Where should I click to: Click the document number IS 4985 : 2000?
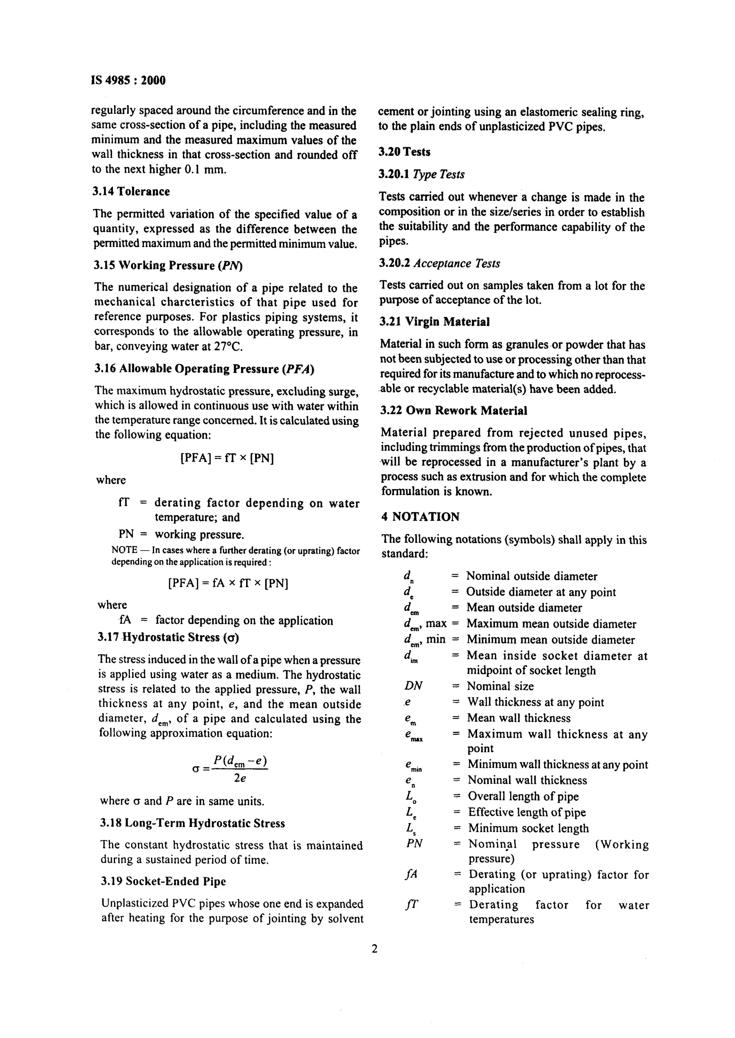pos(128,80)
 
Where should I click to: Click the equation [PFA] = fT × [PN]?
pos(227,459)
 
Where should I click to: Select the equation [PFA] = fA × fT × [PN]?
pos(228,583)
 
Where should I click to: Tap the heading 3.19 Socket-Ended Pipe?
pos(163,882)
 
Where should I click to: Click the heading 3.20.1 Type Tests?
pos(421,175)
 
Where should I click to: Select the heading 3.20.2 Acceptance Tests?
pos(439,263)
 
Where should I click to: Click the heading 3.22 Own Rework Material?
pos(454,411)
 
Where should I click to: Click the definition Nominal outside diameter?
pos(532,576)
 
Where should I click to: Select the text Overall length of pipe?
pos(523,796)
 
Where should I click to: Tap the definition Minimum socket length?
pos(528,828)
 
